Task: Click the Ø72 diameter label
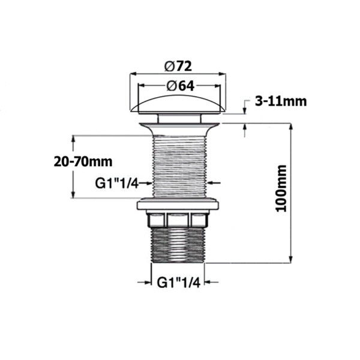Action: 178,65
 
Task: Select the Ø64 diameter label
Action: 178,85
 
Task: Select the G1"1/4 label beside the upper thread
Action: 117,182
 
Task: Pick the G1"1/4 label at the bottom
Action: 177,281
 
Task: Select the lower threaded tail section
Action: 178,246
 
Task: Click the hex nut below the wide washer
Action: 178,220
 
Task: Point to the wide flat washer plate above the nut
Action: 178,205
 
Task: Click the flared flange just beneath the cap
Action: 178,127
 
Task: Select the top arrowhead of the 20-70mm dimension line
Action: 73,139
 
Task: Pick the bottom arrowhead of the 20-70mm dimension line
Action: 73,194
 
